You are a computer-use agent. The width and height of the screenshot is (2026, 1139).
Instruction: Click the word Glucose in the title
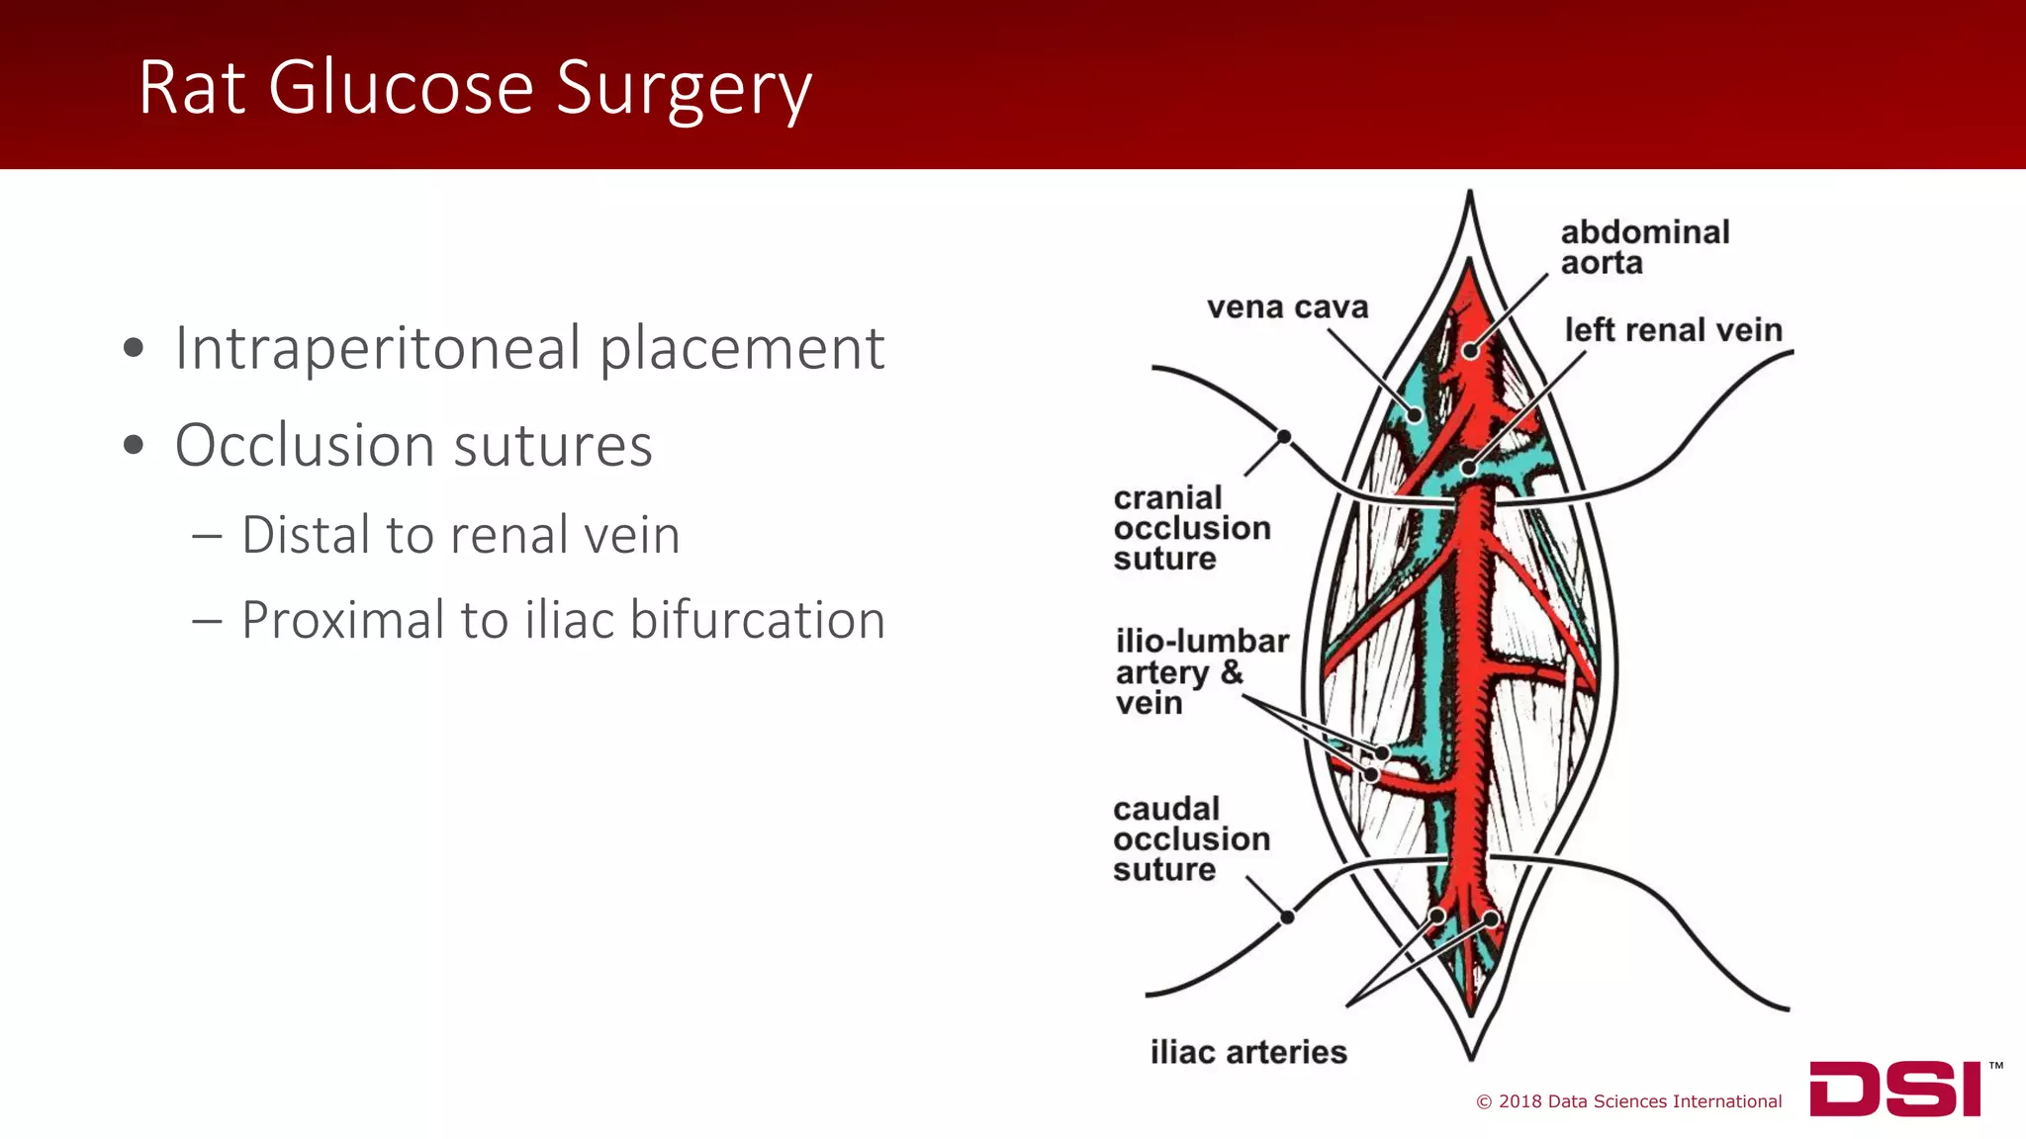tap(401, 87)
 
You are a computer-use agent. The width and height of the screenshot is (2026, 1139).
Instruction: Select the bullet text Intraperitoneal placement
tap(528, 348)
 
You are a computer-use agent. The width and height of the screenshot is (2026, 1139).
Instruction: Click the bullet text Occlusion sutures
tap(414, 445)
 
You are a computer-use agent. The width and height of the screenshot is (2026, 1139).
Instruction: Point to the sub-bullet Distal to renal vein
tap(460, 535)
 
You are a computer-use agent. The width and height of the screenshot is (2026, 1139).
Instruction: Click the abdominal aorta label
tap(1644, 247)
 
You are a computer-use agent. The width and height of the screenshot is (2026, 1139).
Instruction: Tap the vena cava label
tap(1287, 307)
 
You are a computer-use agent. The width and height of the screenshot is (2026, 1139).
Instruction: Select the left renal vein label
tap(1673, 329)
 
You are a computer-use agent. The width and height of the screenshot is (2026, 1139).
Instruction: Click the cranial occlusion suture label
tap(1191, 528)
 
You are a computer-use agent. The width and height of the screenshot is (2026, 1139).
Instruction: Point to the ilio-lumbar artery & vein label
tap(1201, 671)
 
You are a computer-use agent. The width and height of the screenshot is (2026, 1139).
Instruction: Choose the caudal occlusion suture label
tap(1190, 838)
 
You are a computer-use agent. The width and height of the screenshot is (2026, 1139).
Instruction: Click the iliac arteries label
tap(1247, 1052)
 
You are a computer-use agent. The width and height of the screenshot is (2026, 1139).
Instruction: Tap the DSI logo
tap(1894, 1090)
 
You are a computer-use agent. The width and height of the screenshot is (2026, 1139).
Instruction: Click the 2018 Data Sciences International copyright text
tap(1628, 1101)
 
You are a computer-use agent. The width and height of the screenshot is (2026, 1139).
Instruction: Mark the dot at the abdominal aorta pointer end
tap(1471, 351)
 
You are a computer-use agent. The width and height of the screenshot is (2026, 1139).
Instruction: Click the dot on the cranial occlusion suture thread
tap(1283, 436)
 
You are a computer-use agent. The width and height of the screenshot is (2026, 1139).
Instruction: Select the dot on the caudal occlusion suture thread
tap(1287, 918)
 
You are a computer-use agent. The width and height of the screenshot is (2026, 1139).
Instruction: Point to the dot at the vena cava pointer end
tap(1416, 415)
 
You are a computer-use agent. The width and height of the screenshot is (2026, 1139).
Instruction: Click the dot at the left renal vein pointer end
tap(1470, 468)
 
